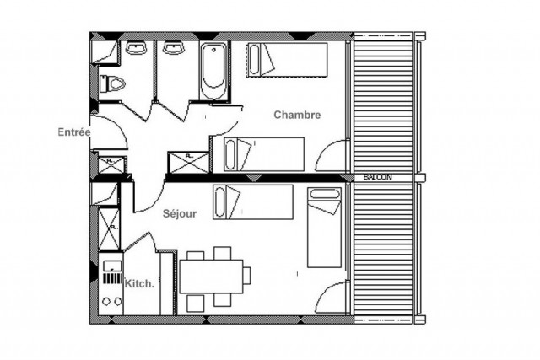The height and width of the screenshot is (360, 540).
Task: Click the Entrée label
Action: coord(74,132)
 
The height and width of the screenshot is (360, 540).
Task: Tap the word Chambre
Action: coord(297,116)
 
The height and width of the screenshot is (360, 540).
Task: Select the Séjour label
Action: coord(180,214)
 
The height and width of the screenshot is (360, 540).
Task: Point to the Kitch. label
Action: coord(139,284)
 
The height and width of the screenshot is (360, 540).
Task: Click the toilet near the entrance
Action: coord(114,83)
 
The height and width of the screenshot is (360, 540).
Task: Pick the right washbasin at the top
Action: coord(175,49)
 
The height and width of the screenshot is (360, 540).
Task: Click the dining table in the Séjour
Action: coord(211,274)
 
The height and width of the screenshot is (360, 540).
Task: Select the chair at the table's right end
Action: coord(248,275)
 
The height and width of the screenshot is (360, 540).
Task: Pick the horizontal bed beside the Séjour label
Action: coord(251,201)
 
